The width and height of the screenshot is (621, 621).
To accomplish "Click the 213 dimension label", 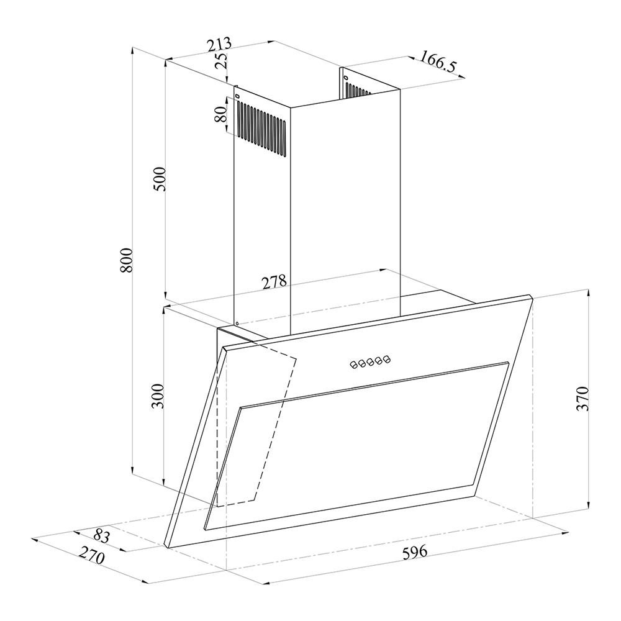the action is click(x=219, y=45).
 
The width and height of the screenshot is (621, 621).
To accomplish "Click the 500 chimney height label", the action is click(x=160, y=179).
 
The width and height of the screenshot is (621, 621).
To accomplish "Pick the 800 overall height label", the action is click(x=126, y=260).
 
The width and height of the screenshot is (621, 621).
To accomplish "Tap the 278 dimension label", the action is click(x=274, y=282).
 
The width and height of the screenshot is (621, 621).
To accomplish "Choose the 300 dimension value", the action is click(x=158, y=396).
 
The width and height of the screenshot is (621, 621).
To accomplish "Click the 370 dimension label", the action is click(x=582, y=399).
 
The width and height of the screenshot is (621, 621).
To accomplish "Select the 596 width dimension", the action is click(x=415, y=551).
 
